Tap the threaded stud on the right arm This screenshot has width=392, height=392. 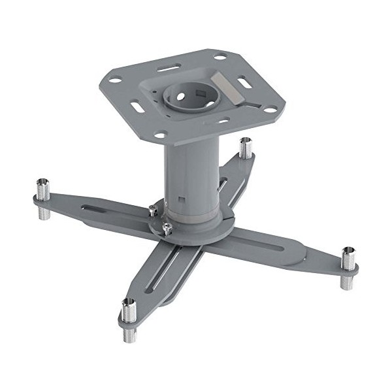tap(348, 267)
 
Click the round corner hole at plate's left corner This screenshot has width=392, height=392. tap(115, 80)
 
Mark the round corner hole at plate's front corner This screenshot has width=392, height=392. tap(157, 135)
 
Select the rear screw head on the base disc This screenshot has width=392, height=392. tap(152, 210)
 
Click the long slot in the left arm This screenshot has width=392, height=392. tap(105, 209)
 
